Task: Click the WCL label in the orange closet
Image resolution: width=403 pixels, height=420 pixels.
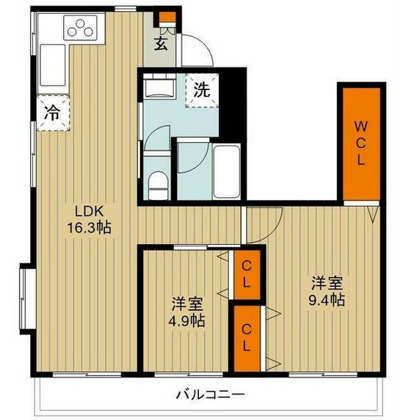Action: click(x=360, y=143)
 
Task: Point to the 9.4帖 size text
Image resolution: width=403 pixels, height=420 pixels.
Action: click(x=327, y=301)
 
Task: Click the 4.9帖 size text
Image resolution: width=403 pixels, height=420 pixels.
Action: click(x=188, y=321)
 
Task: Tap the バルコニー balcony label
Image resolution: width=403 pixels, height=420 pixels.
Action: click(x=210, y=394)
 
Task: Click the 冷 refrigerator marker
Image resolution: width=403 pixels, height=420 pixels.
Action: click(x=52, y=114)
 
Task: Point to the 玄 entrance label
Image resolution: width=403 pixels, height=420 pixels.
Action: click(x=161, y=43)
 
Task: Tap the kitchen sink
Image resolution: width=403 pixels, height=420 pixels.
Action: click(x=51, y=66)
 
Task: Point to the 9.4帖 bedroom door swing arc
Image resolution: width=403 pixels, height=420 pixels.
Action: click(x=258, y=224)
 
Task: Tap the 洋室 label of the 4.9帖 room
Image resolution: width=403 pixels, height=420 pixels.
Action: click(x=188, y=303)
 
